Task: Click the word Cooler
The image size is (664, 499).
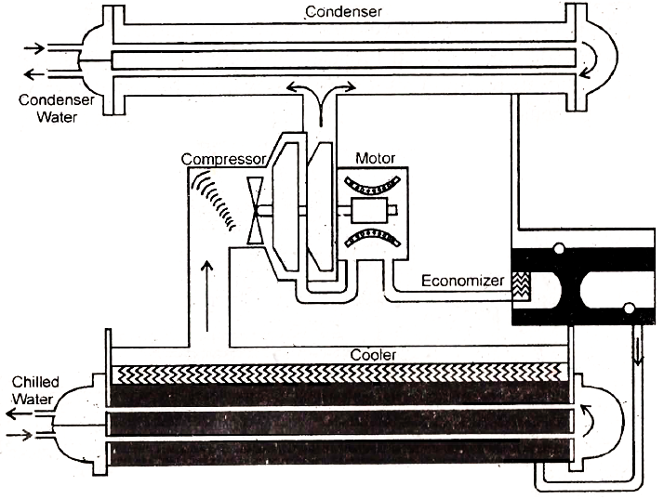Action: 374,354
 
